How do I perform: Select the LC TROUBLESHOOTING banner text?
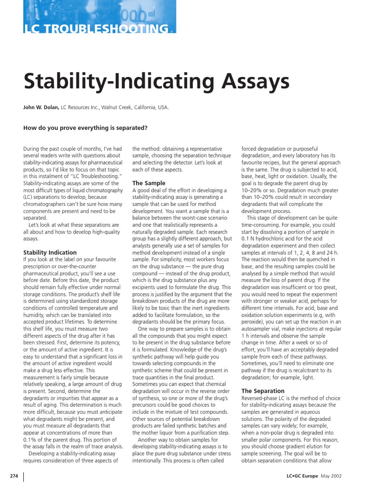96,29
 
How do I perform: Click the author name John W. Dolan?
41,107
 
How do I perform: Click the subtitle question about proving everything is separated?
86,127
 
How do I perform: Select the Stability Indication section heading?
50,253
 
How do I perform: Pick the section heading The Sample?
149,183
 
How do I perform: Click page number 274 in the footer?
14,476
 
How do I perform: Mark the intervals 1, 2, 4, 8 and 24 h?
303,252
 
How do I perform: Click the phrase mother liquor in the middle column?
158,433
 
